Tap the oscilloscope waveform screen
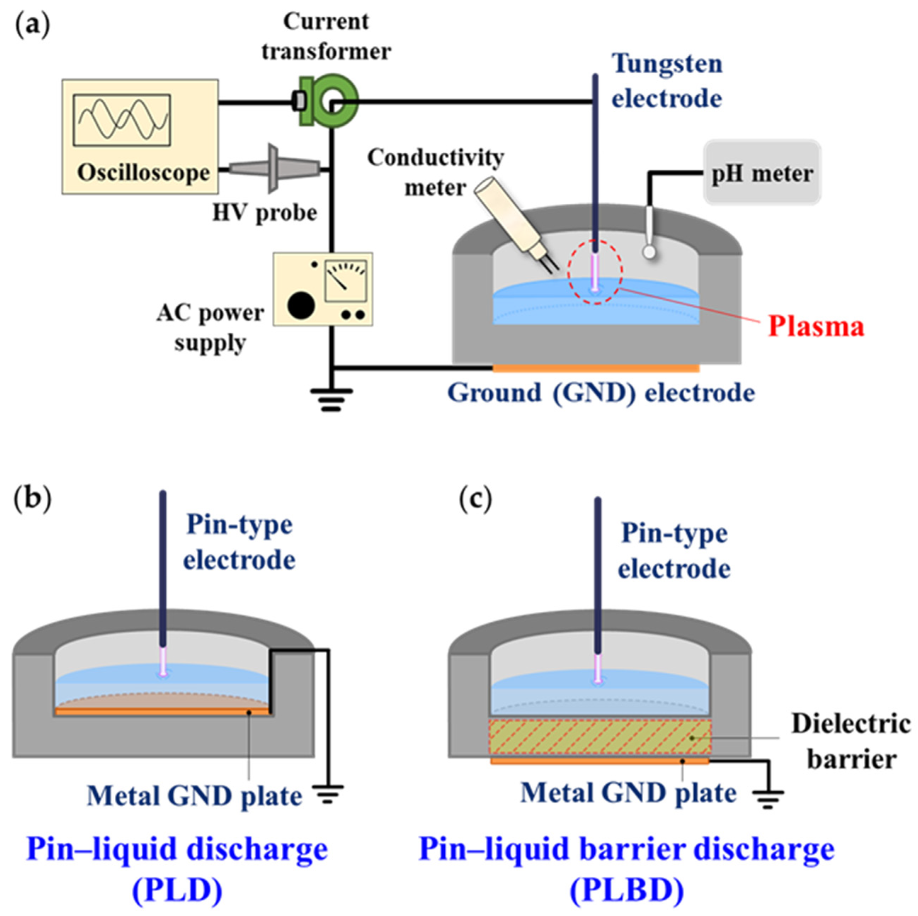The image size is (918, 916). tap(122, 120)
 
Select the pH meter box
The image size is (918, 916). tap(762, 173)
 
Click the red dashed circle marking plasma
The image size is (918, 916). tap(594, 272)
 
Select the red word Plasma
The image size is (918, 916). tap(816, 327)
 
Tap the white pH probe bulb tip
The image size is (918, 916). tap(649, 251)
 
